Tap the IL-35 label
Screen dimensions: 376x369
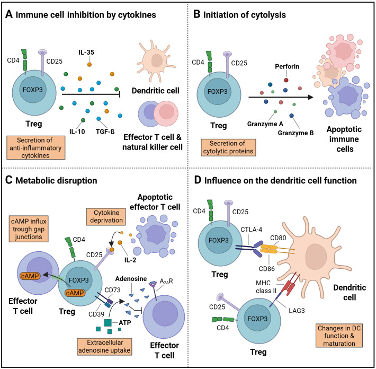[x=86, y=52]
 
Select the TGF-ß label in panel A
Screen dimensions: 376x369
[x=105, y=131]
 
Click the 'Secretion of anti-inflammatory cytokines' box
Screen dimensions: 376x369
[x=35, y=147]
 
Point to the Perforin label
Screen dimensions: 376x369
[x=287, y=66]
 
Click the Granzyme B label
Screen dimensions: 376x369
[x=296, y=133]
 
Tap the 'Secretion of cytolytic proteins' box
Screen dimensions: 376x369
[x=228, y=147]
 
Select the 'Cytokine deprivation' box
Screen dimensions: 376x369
[x=106, y=216]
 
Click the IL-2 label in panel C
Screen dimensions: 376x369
[x=130, y=260]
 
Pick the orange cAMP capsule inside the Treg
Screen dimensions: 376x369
[x=75, y=293]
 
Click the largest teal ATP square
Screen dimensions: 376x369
[x=108, y=322]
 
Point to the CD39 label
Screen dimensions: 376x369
[x=96, y=314]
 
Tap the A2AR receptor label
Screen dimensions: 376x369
[x=166, y=281]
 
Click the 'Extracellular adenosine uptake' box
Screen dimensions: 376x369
[x=105, y=346]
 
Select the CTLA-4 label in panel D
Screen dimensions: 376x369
[x=252, y=230]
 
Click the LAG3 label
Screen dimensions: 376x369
[x=297, y=311]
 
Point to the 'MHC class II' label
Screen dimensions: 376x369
[x=266, y=287]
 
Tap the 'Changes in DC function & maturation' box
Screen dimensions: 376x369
[x=339, y=336]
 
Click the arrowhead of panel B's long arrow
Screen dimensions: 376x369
[x=311, y=97]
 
